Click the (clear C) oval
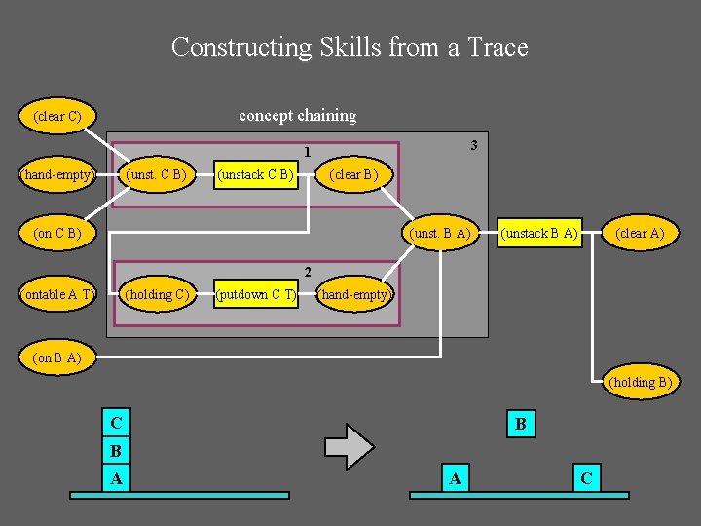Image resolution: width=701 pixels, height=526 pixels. [56, 116]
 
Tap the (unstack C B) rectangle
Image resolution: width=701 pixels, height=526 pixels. [255, 175]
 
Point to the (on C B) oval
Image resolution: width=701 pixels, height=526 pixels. [56, 234]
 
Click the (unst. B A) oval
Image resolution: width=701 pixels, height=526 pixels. [441, 234]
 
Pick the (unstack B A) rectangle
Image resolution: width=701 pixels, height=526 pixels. [539, 234]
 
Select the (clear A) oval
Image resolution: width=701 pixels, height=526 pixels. [640, 234]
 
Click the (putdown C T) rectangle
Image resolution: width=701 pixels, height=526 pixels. [255, 293]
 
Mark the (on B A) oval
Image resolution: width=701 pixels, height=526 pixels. [56, 357]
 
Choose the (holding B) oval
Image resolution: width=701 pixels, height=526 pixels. [640, 382]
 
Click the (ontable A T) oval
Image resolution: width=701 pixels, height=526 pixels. [57, 293]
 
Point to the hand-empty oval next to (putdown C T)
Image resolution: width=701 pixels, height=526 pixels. [354, 293]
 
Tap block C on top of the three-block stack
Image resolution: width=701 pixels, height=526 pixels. [117, 423]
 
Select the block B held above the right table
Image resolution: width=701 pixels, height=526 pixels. [520, 424]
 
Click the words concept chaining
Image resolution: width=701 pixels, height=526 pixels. [298, 115]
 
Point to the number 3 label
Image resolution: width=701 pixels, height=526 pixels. [473, 146]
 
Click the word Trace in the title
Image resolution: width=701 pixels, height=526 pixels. [498, 47]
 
